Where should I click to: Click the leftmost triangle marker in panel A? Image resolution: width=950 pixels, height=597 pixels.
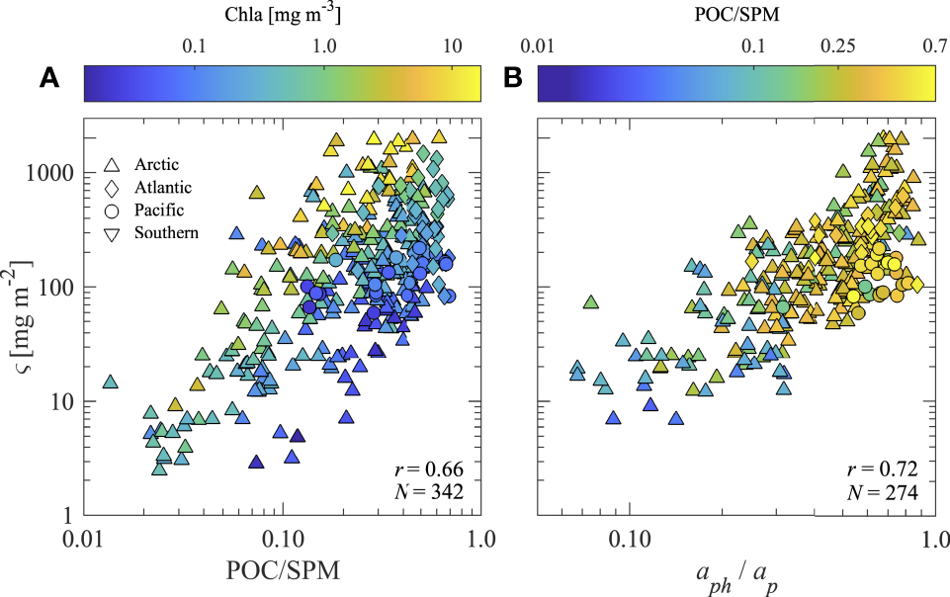pos(111,383)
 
